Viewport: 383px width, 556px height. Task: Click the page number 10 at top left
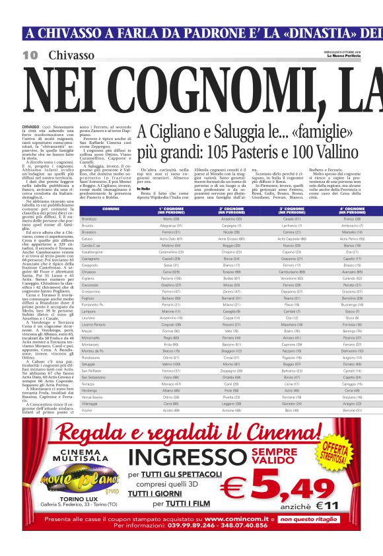tap(30, 55)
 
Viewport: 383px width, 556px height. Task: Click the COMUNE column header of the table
tap(110, 209)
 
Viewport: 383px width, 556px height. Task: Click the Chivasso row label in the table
tap(89, 271)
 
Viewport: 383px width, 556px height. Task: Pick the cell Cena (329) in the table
tap(171, 271)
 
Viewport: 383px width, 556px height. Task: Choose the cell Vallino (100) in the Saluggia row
tap(171, 364)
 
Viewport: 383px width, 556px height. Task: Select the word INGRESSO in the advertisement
tap(179, 458)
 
